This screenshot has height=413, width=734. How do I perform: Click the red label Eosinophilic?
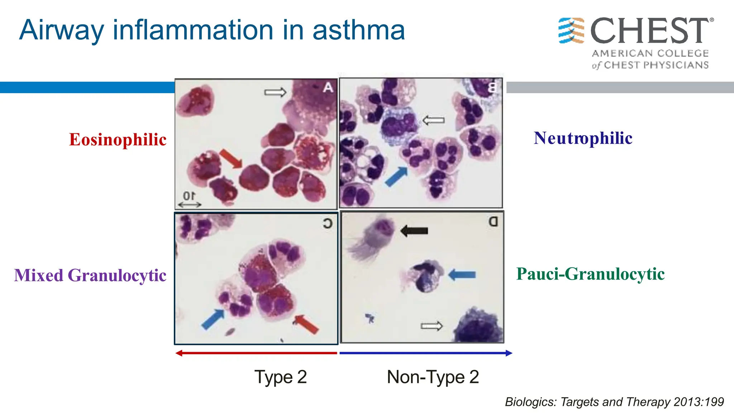coord(118,139)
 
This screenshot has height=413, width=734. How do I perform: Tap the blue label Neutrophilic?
coord(583,138)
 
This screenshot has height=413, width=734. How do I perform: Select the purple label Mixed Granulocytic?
coord(90,275)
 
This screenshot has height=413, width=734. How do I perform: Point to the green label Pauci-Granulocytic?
coord(590,274)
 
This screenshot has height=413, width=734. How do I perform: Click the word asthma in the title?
coord(359,30)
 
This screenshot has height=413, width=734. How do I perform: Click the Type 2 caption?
coord(281,377)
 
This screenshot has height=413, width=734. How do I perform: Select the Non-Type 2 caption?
coord(433,377)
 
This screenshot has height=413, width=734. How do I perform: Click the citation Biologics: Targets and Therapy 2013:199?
coord(614,402)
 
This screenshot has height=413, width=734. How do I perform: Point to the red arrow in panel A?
coord(231,159)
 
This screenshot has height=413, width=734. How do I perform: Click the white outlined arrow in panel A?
coord(275,92)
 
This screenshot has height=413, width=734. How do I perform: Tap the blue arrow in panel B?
coord(396,176)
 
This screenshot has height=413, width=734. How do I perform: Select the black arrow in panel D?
coord(414,231)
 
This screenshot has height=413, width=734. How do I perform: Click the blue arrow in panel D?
coord(462,275)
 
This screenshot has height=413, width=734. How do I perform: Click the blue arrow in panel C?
coord(213,319)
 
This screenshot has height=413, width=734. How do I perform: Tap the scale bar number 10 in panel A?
coord(189,196)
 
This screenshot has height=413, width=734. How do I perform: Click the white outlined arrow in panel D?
coord(432,326)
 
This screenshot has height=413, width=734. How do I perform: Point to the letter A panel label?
coord(328,87)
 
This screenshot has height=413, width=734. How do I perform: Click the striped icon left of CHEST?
coord(571,31)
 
